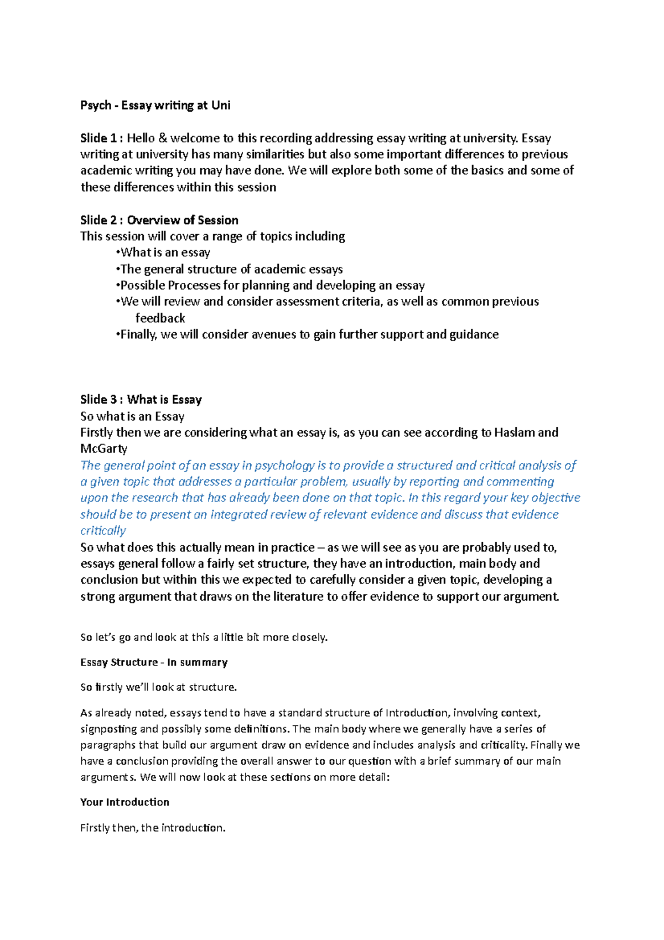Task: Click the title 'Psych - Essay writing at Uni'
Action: [x=155, y=105]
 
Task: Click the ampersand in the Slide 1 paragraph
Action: [x=162, y=138]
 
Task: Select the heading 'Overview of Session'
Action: [x=183, y=220]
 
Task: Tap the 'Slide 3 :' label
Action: [x=101, y=400]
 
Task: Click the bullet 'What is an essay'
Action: [x=165, y=253]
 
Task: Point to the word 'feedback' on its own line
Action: [x=160, y=318]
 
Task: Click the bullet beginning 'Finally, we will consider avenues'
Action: [x=309, y=335]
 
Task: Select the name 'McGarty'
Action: [x=103, y=449]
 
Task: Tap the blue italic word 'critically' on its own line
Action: [x=103, y=531]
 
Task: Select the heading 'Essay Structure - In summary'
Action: [x=154, y=663]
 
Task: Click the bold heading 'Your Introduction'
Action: [x=124, y=802]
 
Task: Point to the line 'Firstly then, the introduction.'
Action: [x=153, y=828]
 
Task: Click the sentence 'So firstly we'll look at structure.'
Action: [x=158, y=688]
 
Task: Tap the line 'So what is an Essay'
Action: [x=132, y=416]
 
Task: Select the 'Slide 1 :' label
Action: [x=101, y=138]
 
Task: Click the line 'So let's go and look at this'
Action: [x=204, y=637]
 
